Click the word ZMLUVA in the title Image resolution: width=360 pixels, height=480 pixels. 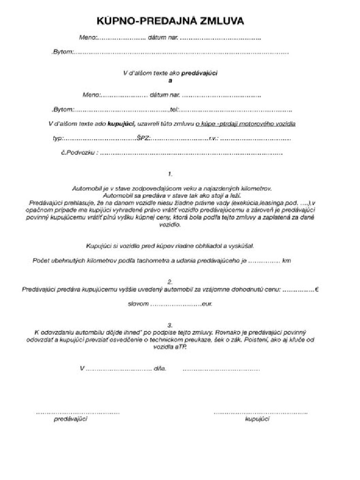(x=223, y=21)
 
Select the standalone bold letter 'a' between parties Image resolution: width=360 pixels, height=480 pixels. (x=170, y=80)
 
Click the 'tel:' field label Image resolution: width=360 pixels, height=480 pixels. (x=175, y=110)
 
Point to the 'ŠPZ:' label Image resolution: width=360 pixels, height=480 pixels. (x=143, y=139)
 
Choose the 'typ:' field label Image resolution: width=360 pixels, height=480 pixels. (x=58, y=139)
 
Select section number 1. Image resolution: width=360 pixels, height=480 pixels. (x=170, y=174)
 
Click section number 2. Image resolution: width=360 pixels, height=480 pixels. (x=170, y=282)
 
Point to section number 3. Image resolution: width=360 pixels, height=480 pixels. (x=170, y=325)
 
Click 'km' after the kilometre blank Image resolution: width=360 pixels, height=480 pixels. (x=286, y=261)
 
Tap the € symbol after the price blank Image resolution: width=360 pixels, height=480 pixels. (x=317, y=289)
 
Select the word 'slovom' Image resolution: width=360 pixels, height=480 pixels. (x=138, y=304)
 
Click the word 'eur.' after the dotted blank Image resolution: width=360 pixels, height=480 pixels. (x=207, y=304)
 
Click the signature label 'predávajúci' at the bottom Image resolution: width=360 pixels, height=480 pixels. (x=71, y=419)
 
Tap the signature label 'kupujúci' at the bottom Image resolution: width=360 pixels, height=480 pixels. (x=257, y=419)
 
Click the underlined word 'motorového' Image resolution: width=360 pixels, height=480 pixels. (x=251, y=124)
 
